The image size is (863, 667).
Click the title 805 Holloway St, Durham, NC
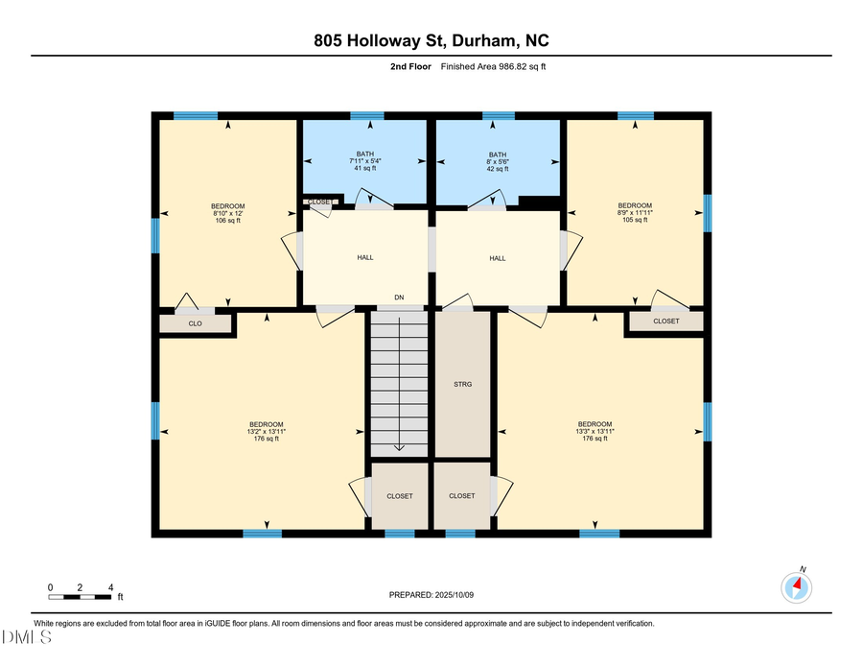click(431, 40)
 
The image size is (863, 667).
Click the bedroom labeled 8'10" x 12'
click(228, 213)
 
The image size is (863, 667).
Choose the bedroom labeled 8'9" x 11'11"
click(635, 213)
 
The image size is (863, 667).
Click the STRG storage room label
click(462, 384)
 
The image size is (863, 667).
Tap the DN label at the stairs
click(398, 298)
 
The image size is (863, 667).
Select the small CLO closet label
click(195, 323)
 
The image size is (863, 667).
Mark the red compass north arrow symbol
click(797, 584)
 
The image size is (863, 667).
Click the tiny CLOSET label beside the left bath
click(319, 202)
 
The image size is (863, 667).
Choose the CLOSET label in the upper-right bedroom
click(665, 322)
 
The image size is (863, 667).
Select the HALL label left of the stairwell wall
click(365, 258)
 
